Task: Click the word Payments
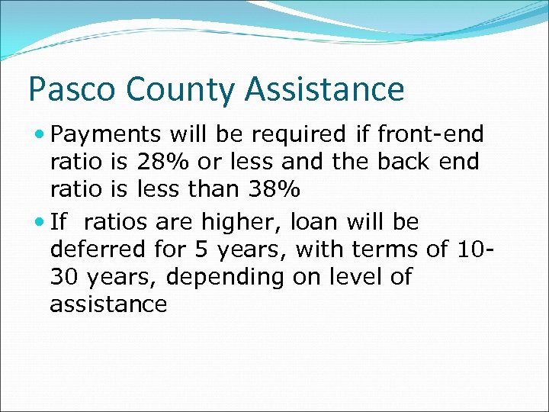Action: [106, 136]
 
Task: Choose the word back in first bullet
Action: [419, 162]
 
